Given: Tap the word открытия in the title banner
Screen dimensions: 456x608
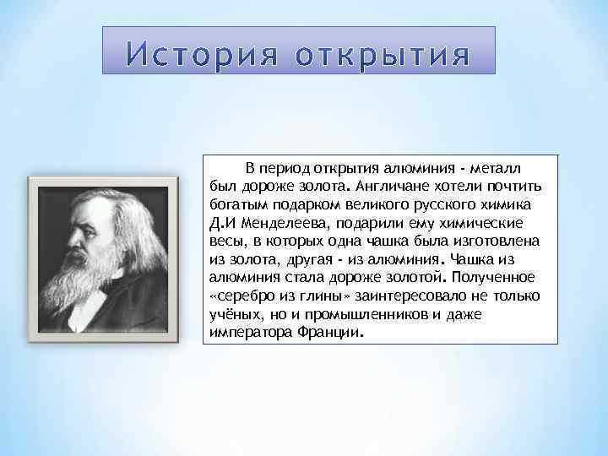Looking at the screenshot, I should coord(382,55).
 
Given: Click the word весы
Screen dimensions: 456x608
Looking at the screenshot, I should coord(224,241).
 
